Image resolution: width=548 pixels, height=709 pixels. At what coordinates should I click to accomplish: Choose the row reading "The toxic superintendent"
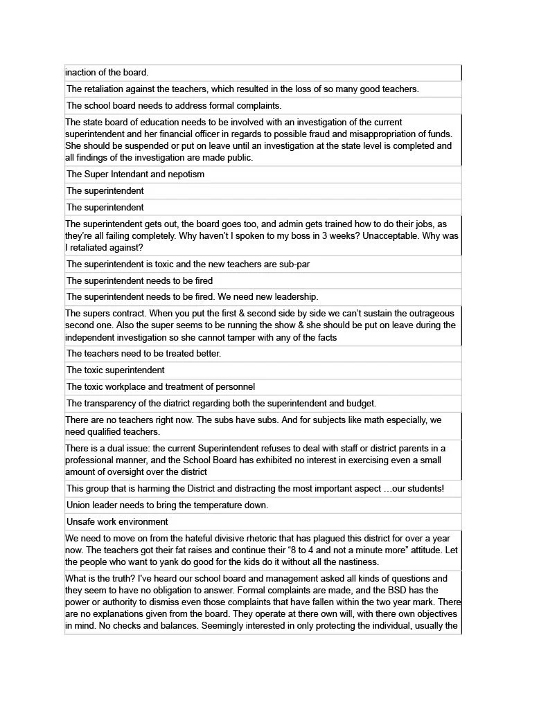pyautogui.click(x=116, y=370)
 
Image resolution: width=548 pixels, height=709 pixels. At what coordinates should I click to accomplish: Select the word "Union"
pyautogui.click(x=79, y=505)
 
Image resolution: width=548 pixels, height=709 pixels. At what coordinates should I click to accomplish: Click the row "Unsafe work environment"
pyautogui.click(x=117, y=522)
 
